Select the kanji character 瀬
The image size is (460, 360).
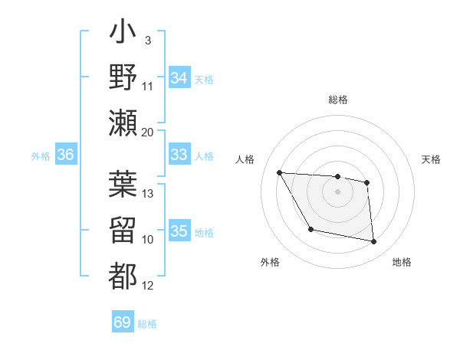123,122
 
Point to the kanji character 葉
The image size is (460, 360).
123,184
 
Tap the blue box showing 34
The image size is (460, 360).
179,78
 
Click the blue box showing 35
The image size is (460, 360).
179,231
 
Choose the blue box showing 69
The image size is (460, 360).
123,322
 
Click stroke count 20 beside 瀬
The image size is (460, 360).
148,132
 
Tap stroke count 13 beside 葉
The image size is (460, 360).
148,193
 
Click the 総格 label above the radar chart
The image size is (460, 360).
337,100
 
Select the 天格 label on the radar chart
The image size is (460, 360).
432,159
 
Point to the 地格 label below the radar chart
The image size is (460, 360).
402,262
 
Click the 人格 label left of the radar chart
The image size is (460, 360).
245,159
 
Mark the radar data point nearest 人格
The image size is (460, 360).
279,173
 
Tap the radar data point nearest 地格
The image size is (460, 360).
373,242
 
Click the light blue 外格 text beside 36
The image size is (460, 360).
40,156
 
